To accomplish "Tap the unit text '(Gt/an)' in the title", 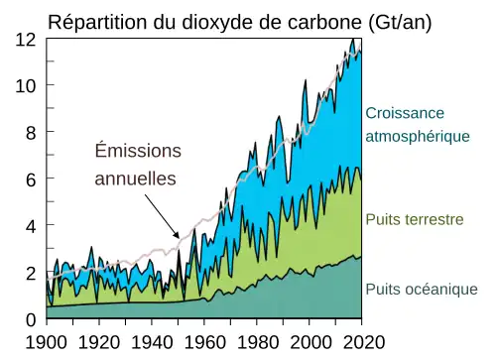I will pyautogui.click(x=394, y=21).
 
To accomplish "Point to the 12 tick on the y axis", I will pyautogui.click(x=26, y=40).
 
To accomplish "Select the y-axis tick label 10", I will pyautogui.click(x=26, y=86).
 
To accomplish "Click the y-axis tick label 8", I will pyautogui.click(x=31, y=133).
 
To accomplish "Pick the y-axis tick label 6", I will pyautogui.click(x=31, y=180).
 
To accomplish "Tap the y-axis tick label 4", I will pyautogui.click(x=31, y=226).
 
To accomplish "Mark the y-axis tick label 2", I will pyautogui.click(x=31, y=273).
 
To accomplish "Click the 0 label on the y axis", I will pyautogui.click(x=31, y=319).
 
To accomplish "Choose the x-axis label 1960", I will pyautogui.click(x=203, y=342).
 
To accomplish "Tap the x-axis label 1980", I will pyautogui.click(x=256, y=342).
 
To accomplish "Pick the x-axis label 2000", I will pyautogui.click(x=309, y=342).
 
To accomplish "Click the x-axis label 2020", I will pyautogui.click(x=361, y=342).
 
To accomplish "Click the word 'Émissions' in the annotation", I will pyautogui.click(x=138, y=151).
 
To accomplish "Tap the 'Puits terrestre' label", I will pyautogui.click(x=415, y=218).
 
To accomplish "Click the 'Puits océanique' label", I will pyautogui.click(x=422, y=290).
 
